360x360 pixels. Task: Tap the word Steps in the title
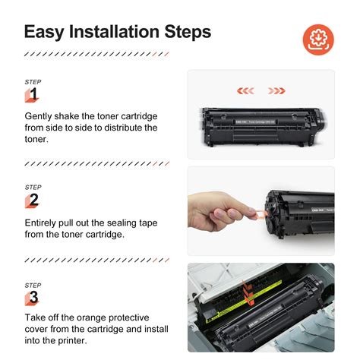pyautogui.click(x=188, y=33)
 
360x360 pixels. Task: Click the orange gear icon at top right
pyautogui.click(x=319, y=37)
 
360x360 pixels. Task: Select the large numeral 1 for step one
pyautogui.click(x=33, y=94)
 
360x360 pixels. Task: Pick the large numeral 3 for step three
pyautogui.click(x=33, y=297)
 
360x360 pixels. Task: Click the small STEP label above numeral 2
pyautogui.click(x=33, y=187)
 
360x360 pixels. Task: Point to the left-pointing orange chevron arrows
pyautogui.click(x=245, y=91)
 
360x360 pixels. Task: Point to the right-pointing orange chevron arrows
pyautogui.click(x=276, y=91)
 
